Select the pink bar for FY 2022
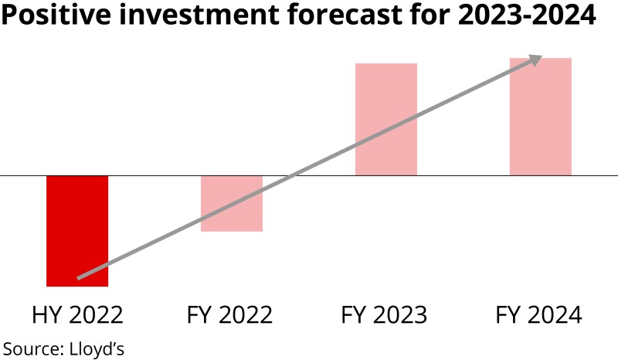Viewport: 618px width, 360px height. point(232,203)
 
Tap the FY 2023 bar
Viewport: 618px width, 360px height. point(386,119)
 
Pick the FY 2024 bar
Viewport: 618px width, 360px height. point(541,116)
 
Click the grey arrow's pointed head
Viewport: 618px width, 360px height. point(536,58)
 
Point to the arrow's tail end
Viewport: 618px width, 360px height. point(80,277)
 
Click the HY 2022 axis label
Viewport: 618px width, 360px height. point(77,315)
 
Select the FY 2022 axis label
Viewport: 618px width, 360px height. point(230,315)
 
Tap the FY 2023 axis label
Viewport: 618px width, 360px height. point(384,315)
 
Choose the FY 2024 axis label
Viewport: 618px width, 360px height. point(538,315)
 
